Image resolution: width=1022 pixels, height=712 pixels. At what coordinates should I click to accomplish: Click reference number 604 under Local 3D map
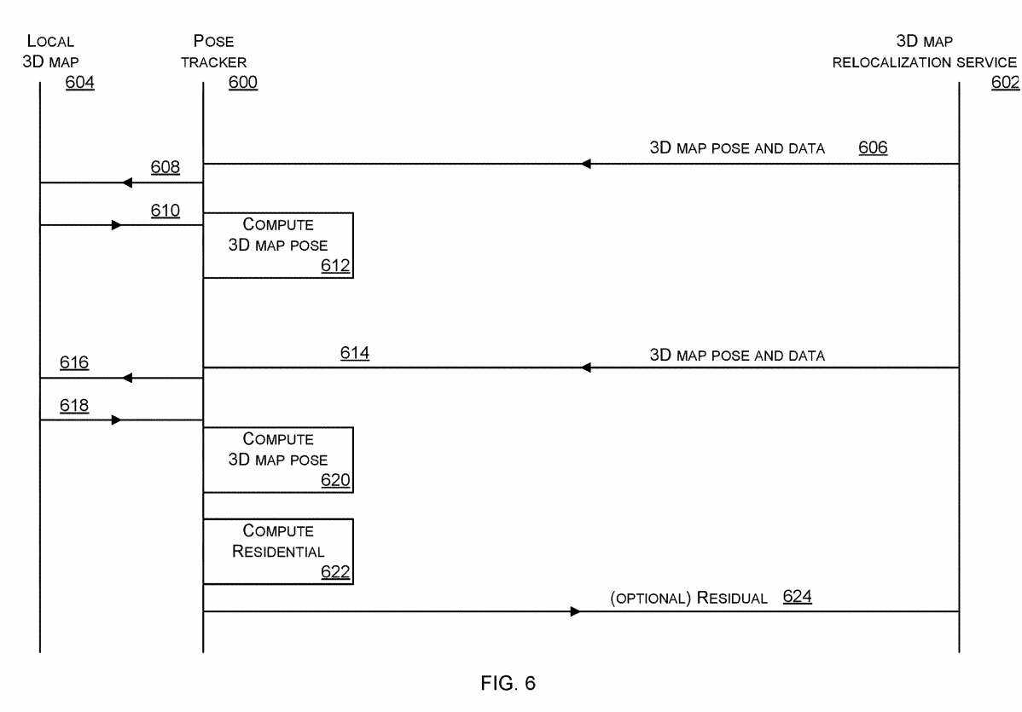[80, 83]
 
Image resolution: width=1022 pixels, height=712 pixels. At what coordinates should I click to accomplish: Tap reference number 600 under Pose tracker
[243, 83]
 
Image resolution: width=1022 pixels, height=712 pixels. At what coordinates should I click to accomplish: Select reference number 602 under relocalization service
[1006, 83]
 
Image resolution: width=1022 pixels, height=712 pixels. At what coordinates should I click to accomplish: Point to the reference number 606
[873, 148]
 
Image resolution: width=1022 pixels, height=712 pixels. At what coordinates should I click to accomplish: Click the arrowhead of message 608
[127, 182]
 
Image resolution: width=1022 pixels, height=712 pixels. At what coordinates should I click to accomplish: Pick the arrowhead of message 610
[116, 225]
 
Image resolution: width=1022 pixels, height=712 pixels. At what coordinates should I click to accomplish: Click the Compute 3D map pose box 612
[278, 246]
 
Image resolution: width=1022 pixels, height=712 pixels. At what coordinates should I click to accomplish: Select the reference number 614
[354, 352]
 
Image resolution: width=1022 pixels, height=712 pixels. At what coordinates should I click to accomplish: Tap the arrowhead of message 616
[127, 378]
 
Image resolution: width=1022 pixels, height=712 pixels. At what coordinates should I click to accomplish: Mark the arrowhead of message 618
[116, 420]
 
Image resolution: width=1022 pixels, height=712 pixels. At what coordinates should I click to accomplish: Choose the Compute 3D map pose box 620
[278, 460]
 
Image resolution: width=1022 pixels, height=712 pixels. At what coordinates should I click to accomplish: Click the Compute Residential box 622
[278, 551]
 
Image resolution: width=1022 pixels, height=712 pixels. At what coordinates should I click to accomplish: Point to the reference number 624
[797, 597]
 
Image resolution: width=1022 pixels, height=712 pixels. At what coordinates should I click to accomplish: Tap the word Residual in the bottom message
[732, 598]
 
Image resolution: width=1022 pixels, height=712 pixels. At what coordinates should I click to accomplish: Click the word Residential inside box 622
[278, 552]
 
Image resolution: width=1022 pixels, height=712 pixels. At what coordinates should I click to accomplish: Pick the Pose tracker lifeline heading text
[213, 51]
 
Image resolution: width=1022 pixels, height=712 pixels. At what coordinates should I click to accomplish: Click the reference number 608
[165, 167]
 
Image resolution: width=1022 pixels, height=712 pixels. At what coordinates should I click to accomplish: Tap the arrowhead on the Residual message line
[576, 611]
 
